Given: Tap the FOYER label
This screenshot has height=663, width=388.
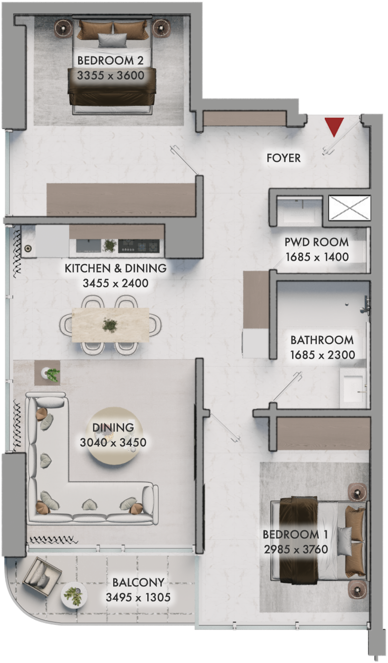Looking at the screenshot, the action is [x=284, y=158].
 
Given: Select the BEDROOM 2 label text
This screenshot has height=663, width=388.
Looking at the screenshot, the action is [x=110, y=61].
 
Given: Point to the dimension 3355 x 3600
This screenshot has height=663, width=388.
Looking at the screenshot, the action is [x=111, y=76].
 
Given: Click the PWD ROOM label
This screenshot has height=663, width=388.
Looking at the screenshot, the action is [x=316, y=242].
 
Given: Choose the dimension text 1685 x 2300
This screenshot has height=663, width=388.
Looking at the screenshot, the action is [x=323, y=355].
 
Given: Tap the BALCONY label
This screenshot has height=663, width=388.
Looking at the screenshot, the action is [x=138, y=582].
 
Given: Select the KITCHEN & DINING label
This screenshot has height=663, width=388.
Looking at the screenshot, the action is [x=116, y=268].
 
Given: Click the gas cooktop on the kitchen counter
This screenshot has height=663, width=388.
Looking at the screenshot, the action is [x=139, y=246].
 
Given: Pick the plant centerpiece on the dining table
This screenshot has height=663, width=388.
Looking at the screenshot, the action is [x=110, y=325].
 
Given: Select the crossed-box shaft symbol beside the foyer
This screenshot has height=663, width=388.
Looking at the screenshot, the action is [x=349, y=208].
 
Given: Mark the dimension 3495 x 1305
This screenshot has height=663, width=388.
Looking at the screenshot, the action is [x=138, y=597].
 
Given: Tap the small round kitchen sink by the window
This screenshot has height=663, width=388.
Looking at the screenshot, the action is [x=28, y=248].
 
